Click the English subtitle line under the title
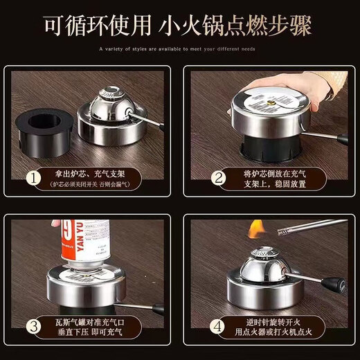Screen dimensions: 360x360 tap(180, 49)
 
